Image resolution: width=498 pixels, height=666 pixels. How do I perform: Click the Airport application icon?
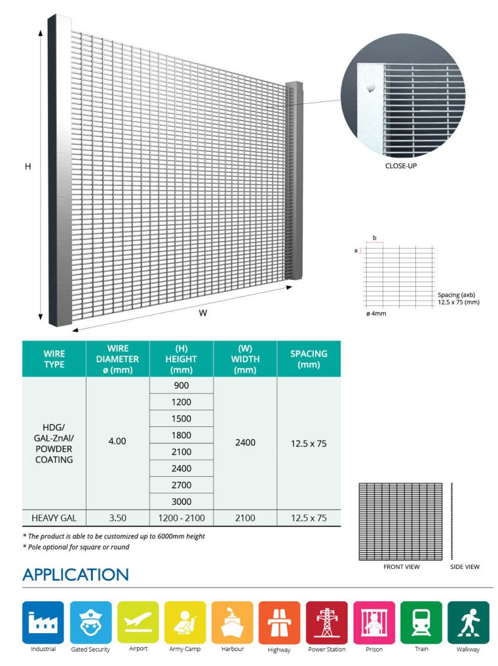(138, 622)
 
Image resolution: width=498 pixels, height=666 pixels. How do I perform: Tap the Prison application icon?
(374, 622)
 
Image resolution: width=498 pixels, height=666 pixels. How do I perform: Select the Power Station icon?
(327, 622)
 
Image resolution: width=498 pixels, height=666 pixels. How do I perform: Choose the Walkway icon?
(468, 622)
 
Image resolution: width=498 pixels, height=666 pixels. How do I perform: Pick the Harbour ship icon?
(232, 622)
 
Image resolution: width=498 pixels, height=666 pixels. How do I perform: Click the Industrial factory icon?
(43, 622)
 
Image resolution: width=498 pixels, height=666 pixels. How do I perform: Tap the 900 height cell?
(181, 385)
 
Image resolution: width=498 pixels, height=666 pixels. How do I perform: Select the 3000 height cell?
(181, 502)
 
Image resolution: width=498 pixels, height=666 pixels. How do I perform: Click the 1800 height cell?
(181, 435)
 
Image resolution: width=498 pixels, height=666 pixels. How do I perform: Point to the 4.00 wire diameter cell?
(117, 441)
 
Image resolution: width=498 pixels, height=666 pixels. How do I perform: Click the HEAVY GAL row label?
(54, 518)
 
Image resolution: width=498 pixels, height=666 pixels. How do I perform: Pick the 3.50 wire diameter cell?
(117, 518)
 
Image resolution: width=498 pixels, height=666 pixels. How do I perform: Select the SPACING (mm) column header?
(309, 359)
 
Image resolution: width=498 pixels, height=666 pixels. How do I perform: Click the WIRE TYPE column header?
(54, 359)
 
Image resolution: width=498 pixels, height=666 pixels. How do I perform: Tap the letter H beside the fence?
(27, 167)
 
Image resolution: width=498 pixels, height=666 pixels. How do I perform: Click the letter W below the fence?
(202, 313)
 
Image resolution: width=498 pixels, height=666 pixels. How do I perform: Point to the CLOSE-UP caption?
(402, 167)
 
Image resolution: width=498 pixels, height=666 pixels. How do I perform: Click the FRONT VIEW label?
(401, 567)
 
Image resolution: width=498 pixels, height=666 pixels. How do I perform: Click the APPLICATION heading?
(75, 574)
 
